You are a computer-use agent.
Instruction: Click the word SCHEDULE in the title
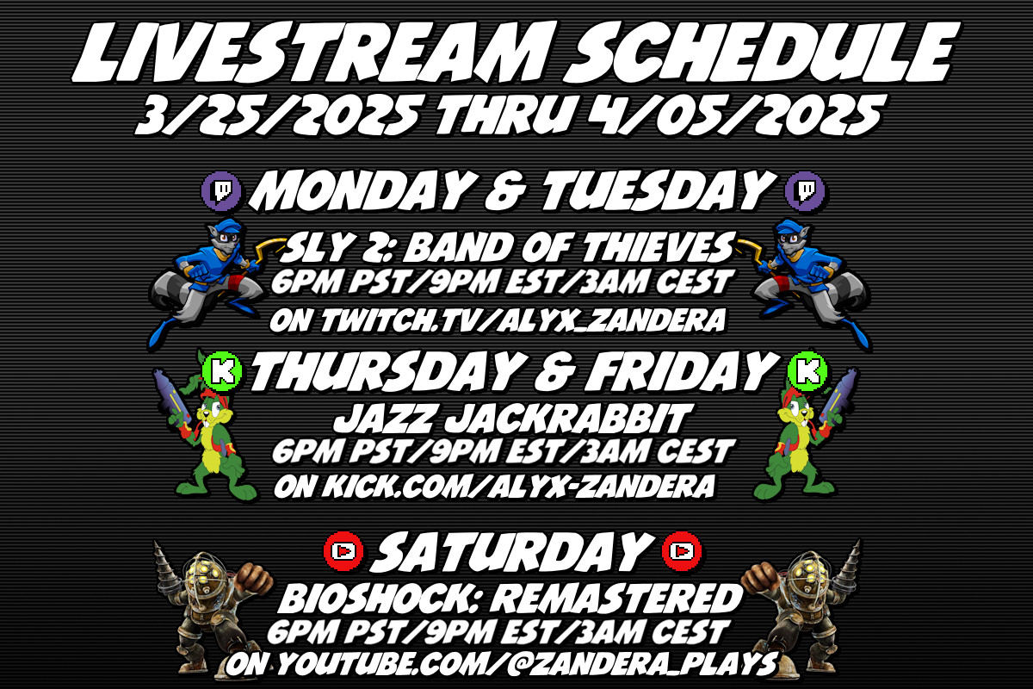(762, 53)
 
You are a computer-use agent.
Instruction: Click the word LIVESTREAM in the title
(310, 53)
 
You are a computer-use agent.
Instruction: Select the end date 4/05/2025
(735, 115)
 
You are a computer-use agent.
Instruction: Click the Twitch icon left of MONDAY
(221, 191)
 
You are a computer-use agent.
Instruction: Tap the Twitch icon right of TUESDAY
(805, 191)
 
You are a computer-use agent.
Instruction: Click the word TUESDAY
(659, 191)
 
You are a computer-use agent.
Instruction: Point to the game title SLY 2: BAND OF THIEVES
(507, 248)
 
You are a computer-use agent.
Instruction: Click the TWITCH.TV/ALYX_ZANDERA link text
(523, 320)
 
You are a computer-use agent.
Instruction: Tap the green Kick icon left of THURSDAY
(222, 370)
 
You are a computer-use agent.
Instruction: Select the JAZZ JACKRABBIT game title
(513, 419)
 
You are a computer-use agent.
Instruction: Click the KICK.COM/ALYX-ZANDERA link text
(519, 487)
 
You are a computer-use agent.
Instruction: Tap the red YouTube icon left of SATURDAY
(343, 551)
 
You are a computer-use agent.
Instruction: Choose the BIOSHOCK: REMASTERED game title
(511, 599)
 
